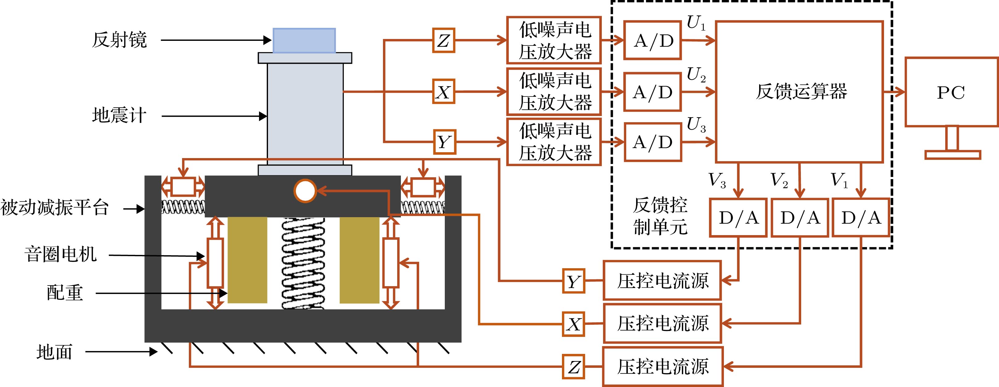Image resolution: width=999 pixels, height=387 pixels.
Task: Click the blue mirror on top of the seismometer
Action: (304, 40)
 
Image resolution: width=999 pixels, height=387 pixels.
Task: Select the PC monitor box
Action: (951, 92)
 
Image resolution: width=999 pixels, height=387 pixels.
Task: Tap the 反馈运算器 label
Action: (801, 92)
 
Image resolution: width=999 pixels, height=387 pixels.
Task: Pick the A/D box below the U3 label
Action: (653, 142)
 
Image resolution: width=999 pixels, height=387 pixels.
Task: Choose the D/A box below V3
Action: (738, 218)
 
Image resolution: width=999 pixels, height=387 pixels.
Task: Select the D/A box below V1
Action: (861, 218)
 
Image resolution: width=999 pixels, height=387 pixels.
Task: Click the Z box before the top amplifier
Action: (443, 40)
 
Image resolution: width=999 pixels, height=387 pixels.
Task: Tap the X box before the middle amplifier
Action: (443, 92)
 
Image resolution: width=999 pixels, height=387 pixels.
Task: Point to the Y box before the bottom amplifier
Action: (444, 142)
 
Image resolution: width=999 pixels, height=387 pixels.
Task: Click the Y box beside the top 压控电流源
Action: (574, 281)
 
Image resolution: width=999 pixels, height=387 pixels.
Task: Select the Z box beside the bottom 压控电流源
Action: (574, 366)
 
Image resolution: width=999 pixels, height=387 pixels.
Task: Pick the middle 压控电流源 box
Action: (662, 323)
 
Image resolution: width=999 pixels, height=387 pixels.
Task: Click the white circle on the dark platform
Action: (305, 191)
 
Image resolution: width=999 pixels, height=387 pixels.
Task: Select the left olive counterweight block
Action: (247, 260)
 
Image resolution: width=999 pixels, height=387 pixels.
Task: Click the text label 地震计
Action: (119, 115)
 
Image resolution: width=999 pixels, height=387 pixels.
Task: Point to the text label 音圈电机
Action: (61, 254)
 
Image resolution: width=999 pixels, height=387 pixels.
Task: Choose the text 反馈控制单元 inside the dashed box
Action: (660, 216)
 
